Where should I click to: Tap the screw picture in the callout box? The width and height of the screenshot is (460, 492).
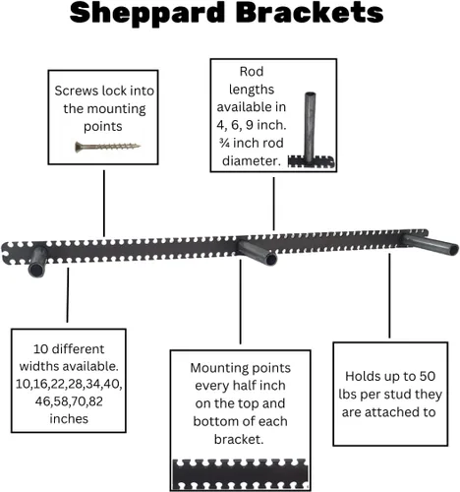coord(107,147)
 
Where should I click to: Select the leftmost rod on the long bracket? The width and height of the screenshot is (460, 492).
coord(37,262)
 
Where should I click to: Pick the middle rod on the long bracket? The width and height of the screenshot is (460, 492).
coord(258,253)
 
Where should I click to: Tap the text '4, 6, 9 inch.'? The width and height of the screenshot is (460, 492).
coord(252,125)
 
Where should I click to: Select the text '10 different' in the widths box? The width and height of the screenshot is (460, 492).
coord(69,348)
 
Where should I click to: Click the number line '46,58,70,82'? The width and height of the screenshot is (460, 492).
coord(69,401)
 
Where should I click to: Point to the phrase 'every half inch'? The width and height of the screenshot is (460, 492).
coord(240,386)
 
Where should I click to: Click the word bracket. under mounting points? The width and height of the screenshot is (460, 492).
coord(239,439)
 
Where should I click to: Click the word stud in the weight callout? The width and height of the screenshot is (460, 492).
coord(397,395)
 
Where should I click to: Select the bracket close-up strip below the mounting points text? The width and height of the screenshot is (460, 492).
coord(240,474)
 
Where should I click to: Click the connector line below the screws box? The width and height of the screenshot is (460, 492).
coord(104,204)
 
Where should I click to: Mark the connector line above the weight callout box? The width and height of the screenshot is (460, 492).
coord(389,296)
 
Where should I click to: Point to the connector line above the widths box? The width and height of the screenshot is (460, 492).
coord(68,295)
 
